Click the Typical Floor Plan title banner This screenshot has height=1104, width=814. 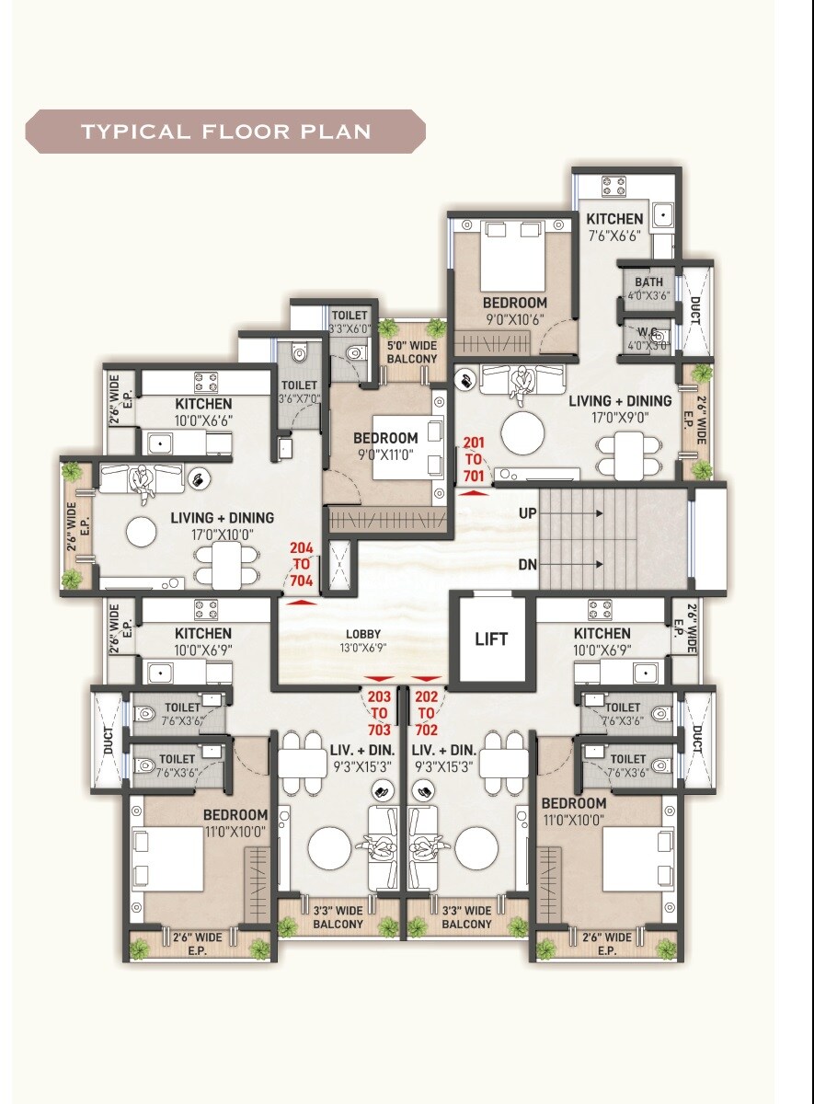point(225,131)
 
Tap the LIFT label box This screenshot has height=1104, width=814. point(491,638)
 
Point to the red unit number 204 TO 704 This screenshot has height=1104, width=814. point(302,565)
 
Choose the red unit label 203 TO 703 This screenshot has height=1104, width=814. point(379,713)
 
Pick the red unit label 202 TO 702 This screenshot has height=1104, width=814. point(427,713)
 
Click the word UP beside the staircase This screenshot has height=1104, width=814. point(527,513)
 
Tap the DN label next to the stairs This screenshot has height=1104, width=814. point(527,564)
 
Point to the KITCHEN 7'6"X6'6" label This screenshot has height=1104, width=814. point(615,226)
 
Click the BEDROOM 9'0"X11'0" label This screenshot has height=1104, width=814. point(385,446)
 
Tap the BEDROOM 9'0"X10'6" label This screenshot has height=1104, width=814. point(514,310)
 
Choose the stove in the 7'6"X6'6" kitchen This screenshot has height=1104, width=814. point(613,187)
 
